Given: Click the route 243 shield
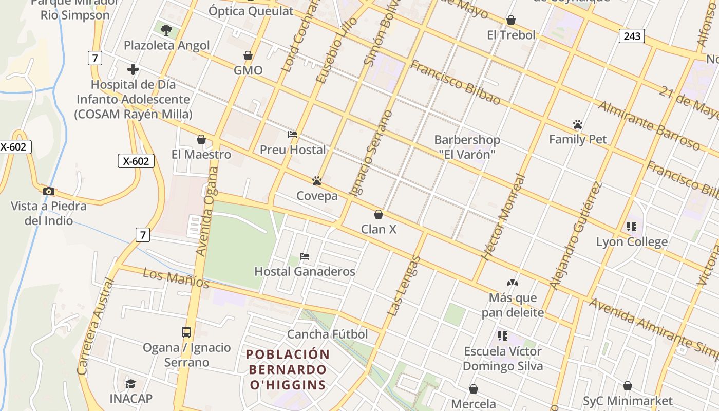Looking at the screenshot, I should tap(632, 35).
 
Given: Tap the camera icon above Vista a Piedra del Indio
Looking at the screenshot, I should tap(49, 192).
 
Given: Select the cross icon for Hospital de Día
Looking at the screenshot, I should tap(133, 69).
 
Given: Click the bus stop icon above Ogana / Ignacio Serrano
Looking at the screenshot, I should tap(186, 332).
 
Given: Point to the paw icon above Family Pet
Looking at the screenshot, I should tap(578, 124).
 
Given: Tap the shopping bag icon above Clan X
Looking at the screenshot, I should tap(379, 214).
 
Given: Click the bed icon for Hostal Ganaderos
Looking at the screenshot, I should tap(305, 256).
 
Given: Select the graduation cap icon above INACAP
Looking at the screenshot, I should tap(131, 384).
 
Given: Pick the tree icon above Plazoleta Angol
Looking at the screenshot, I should tap(166, 30).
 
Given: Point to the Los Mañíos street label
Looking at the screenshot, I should tap(176, 278).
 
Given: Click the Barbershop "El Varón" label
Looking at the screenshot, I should tap(467, 146).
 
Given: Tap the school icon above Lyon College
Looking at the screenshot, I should tap(632, 227).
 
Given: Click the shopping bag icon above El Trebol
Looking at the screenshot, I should tap(511, 20).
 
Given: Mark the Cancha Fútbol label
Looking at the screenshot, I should tap(327, 334).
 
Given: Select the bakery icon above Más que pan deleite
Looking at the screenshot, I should tap(512, 283).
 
